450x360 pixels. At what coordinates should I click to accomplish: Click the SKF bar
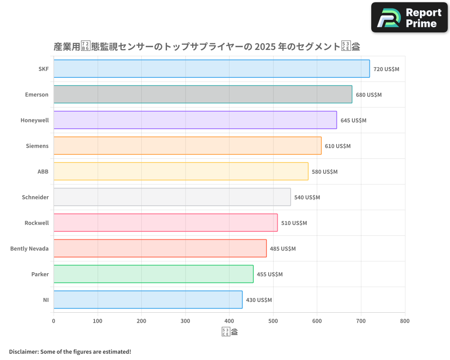(211, 69)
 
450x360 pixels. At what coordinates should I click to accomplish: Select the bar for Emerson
(202, 94)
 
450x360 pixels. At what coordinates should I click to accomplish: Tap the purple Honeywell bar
(195, 120)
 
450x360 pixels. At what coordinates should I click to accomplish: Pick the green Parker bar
(153, 274)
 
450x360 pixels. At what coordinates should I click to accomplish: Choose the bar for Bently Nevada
(160, 248)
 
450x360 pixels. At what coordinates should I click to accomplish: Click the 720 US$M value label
(386, 69)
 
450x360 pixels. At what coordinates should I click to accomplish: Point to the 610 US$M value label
(337, 146)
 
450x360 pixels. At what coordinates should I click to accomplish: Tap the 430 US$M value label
(259, 300)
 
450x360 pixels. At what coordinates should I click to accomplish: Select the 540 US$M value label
(307, 198)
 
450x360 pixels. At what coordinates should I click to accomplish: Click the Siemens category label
(37, 146)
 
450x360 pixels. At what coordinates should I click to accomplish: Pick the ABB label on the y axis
(43, 172)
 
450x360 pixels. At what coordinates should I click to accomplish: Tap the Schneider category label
(35, 198)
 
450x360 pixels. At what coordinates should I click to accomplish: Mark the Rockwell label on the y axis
(36, 223)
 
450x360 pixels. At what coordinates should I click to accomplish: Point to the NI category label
(45, 300)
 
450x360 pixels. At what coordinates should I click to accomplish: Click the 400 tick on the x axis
(229, 321)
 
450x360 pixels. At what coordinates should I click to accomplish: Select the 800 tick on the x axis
(405, 321)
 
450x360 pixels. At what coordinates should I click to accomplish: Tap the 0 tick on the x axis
(54, 321)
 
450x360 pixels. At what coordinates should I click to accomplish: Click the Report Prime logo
(409, 18)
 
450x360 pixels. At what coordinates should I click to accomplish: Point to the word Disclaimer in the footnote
(23, 352)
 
